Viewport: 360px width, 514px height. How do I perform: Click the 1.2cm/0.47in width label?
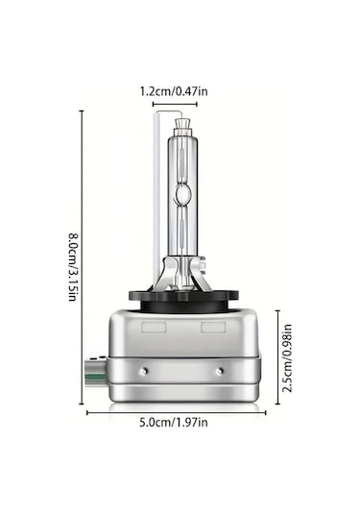[x=180, y=90]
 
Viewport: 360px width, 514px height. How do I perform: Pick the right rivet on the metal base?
[x=220, y=370]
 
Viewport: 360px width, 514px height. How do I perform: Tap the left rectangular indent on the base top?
[x=152, y=328]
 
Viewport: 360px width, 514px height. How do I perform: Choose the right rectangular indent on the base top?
[x=212, y=328]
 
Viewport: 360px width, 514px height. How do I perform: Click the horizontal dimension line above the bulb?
[x=180, y=103]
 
